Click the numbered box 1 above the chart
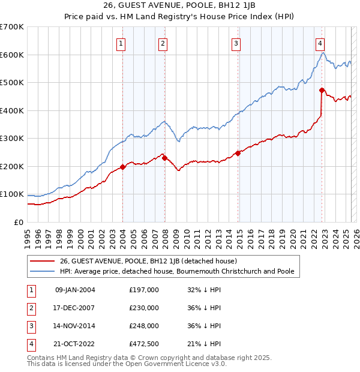click(121, 43)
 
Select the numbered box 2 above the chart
click(163, 43)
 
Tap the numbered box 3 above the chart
click(236, 43)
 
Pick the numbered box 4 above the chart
click(320, 43)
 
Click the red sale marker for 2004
click(122, 167)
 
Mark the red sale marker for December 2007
click(164, 158)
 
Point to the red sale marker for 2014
click(238, 153)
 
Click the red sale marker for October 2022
click(322, 91)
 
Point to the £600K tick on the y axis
click(12, 55)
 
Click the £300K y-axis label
click(12, 138)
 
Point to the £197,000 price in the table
click(144, 290)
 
